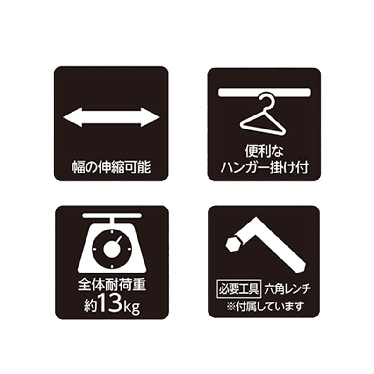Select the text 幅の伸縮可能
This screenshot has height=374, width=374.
click(x=111, y=167)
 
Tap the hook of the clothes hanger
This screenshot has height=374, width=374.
click(x=266, y=101)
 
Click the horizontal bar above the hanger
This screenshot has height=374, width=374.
click(x=264, y=92)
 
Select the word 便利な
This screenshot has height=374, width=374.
click(x=265, y=152)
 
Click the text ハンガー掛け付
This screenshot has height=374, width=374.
click(x=265, y=167)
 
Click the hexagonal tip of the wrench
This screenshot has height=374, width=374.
click(x=232, y=244)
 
